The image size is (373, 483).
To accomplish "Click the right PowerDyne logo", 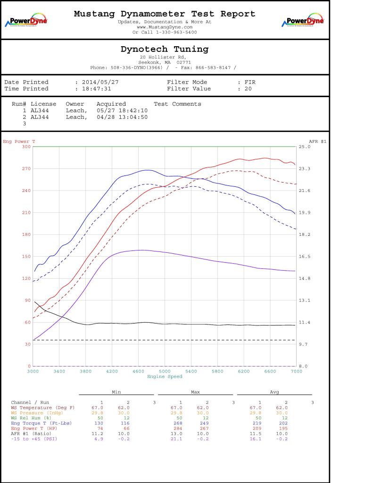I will [303, 21].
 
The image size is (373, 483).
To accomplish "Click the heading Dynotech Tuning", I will [165, 49].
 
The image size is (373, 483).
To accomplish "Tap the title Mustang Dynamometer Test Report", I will [165, 14].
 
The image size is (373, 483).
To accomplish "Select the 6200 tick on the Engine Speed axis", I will [243, 372].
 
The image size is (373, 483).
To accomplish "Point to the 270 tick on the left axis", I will [25, 169].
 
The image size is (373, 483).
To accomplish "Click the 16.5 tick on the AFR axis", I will [305, 257].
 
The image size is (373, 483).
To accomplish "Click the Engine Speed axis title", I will [165, 376].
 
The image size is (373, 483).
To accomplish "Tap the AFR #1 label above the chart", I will [317, 142].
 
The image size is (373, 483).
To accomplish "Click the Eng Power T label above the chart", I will [19, 142].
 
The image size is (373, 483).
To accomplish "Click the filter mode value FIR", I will [250, 82].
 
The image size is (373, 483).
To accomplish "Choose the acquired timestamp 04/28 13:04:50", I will [122, 117].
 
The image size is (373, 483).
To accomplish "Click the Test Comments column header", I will [177, 104].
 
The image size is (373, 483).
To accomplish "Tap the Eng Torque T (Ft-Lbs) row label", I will [41, 424].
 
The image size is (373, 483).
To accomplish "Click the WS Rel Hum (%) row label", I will [32, 418].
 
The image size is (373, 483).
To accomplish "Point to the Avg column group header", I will [274, 392].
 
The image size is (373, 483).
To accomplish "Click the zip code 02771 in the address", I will [183, 62].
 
